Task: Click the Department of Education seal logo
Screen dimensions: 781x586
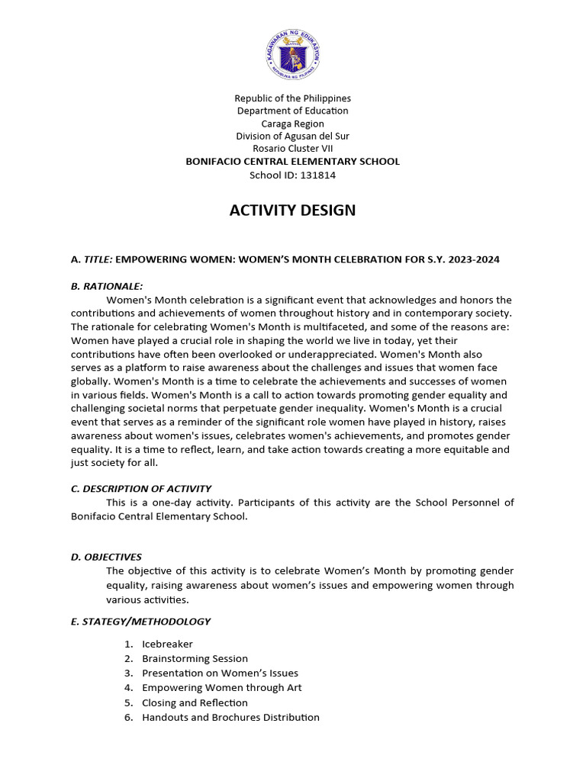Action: pos(293,54)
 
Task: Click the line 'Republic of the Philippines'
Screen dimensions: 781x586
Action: pos(293,98)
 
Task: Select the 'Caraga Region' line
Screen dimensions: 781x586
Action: pos(293,124)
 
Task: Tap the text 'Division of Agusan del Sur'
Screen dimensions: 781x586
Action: pos(293,137)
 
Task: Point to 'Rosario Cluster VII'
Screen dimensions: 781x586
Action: pos(293,149)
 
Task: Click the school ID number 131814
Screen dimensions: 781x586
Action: pos(313,175)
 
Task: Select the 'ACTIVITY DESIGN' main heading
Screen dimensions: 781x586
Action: pos(293,211)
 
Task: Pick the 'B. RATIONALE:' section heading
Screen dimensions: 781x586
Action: pos(107,286)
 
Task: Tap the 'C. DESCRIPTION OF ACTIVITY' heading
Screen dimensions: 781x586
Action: pos(141,488)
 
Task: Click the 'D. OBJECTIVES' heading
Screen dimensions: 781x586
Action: pos(106,557)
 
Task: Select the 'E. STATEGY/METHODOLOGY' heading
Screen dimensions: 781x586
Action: pos(140,622)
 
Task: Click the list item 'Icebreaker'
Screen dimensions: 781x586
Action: pos(167,644)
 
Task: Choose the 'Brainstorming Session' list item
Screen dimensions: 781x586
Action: pos(195,658)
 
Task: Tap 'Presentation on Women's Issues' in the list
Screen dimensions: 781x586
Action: pos(220,673)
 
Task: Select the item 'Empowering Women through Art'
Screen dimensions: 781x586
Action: pos(221,687)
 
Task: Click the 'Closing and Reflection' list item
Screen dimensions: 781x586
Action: pos(195,702)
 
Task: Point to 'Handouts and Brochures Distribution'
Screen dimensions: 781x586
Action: pos(230,717)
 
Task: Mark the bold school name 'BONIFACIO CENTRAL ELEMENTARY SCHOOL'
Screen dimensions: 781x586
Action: pos(293,162)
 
